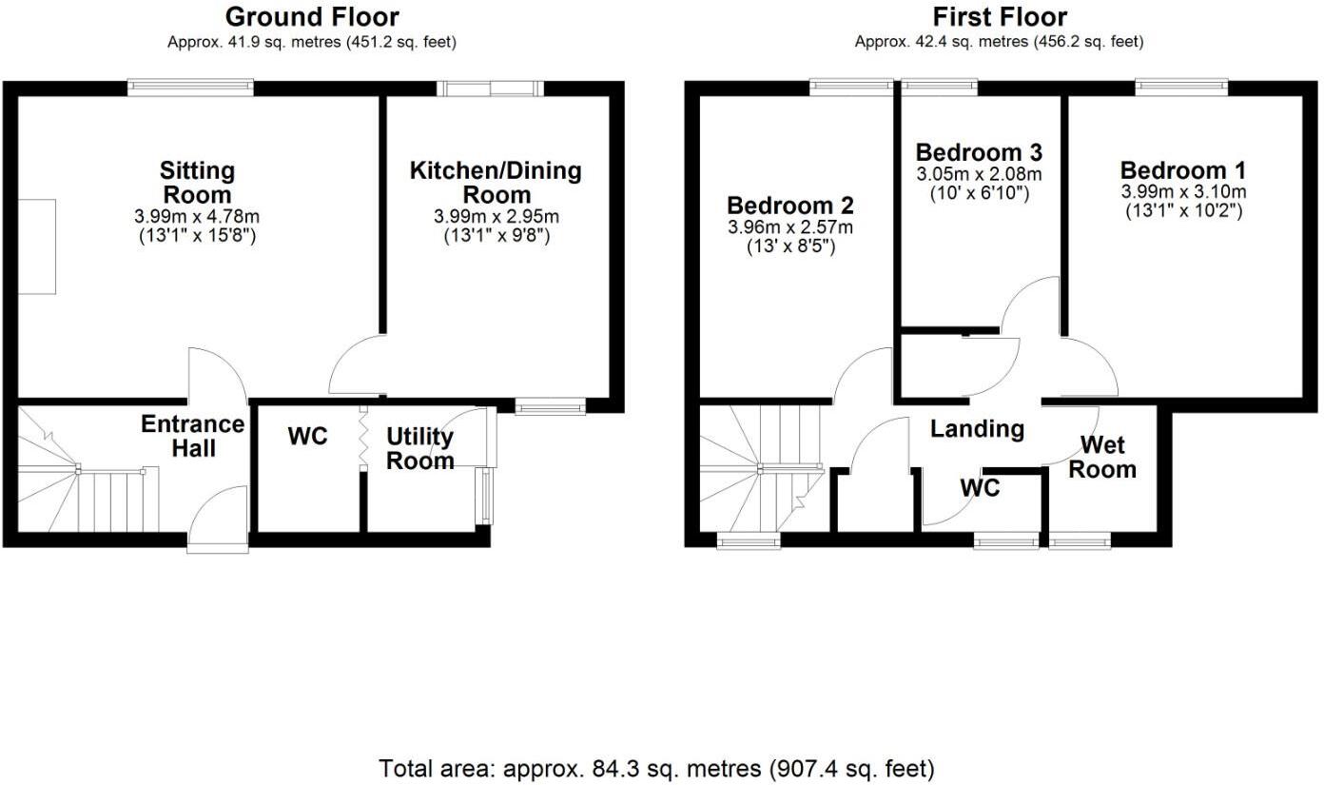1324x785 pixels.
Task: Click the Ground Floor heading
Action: click(312, 17)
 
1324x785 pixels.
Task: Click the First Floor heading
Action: click(999, 17)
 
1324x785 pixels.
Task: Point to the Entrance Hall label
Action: click(193, 436)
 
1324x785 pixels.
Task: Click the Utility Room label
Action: click(419, 448)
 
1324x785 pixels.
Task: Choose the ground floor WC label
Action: click(307, 436)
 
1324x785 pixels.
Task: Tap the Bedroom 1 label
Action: click(1182, 171)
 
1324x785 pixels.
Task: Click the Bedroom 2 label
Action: click(789, 206)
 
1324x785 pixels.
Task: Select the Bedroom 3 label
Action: click(979, 152)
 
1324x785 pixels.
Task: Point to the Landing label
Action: click(977, 429)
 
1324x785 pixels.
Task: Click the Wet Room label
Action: click(1108, 457)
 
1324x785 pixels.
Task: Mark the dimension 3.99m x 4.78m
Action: click(197, 217)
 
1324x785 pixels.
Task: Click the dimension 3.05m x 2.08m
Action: click(979, 174)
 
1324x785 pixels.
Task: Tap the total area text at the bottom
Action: click(656, 767)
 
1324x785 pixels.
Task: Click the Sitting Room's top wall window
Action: click(191, 88)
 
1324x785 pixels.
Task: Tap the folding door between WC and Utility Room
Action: click(362, 439)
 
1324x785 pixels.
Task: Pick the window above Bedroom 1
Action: click(1182, 88)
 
